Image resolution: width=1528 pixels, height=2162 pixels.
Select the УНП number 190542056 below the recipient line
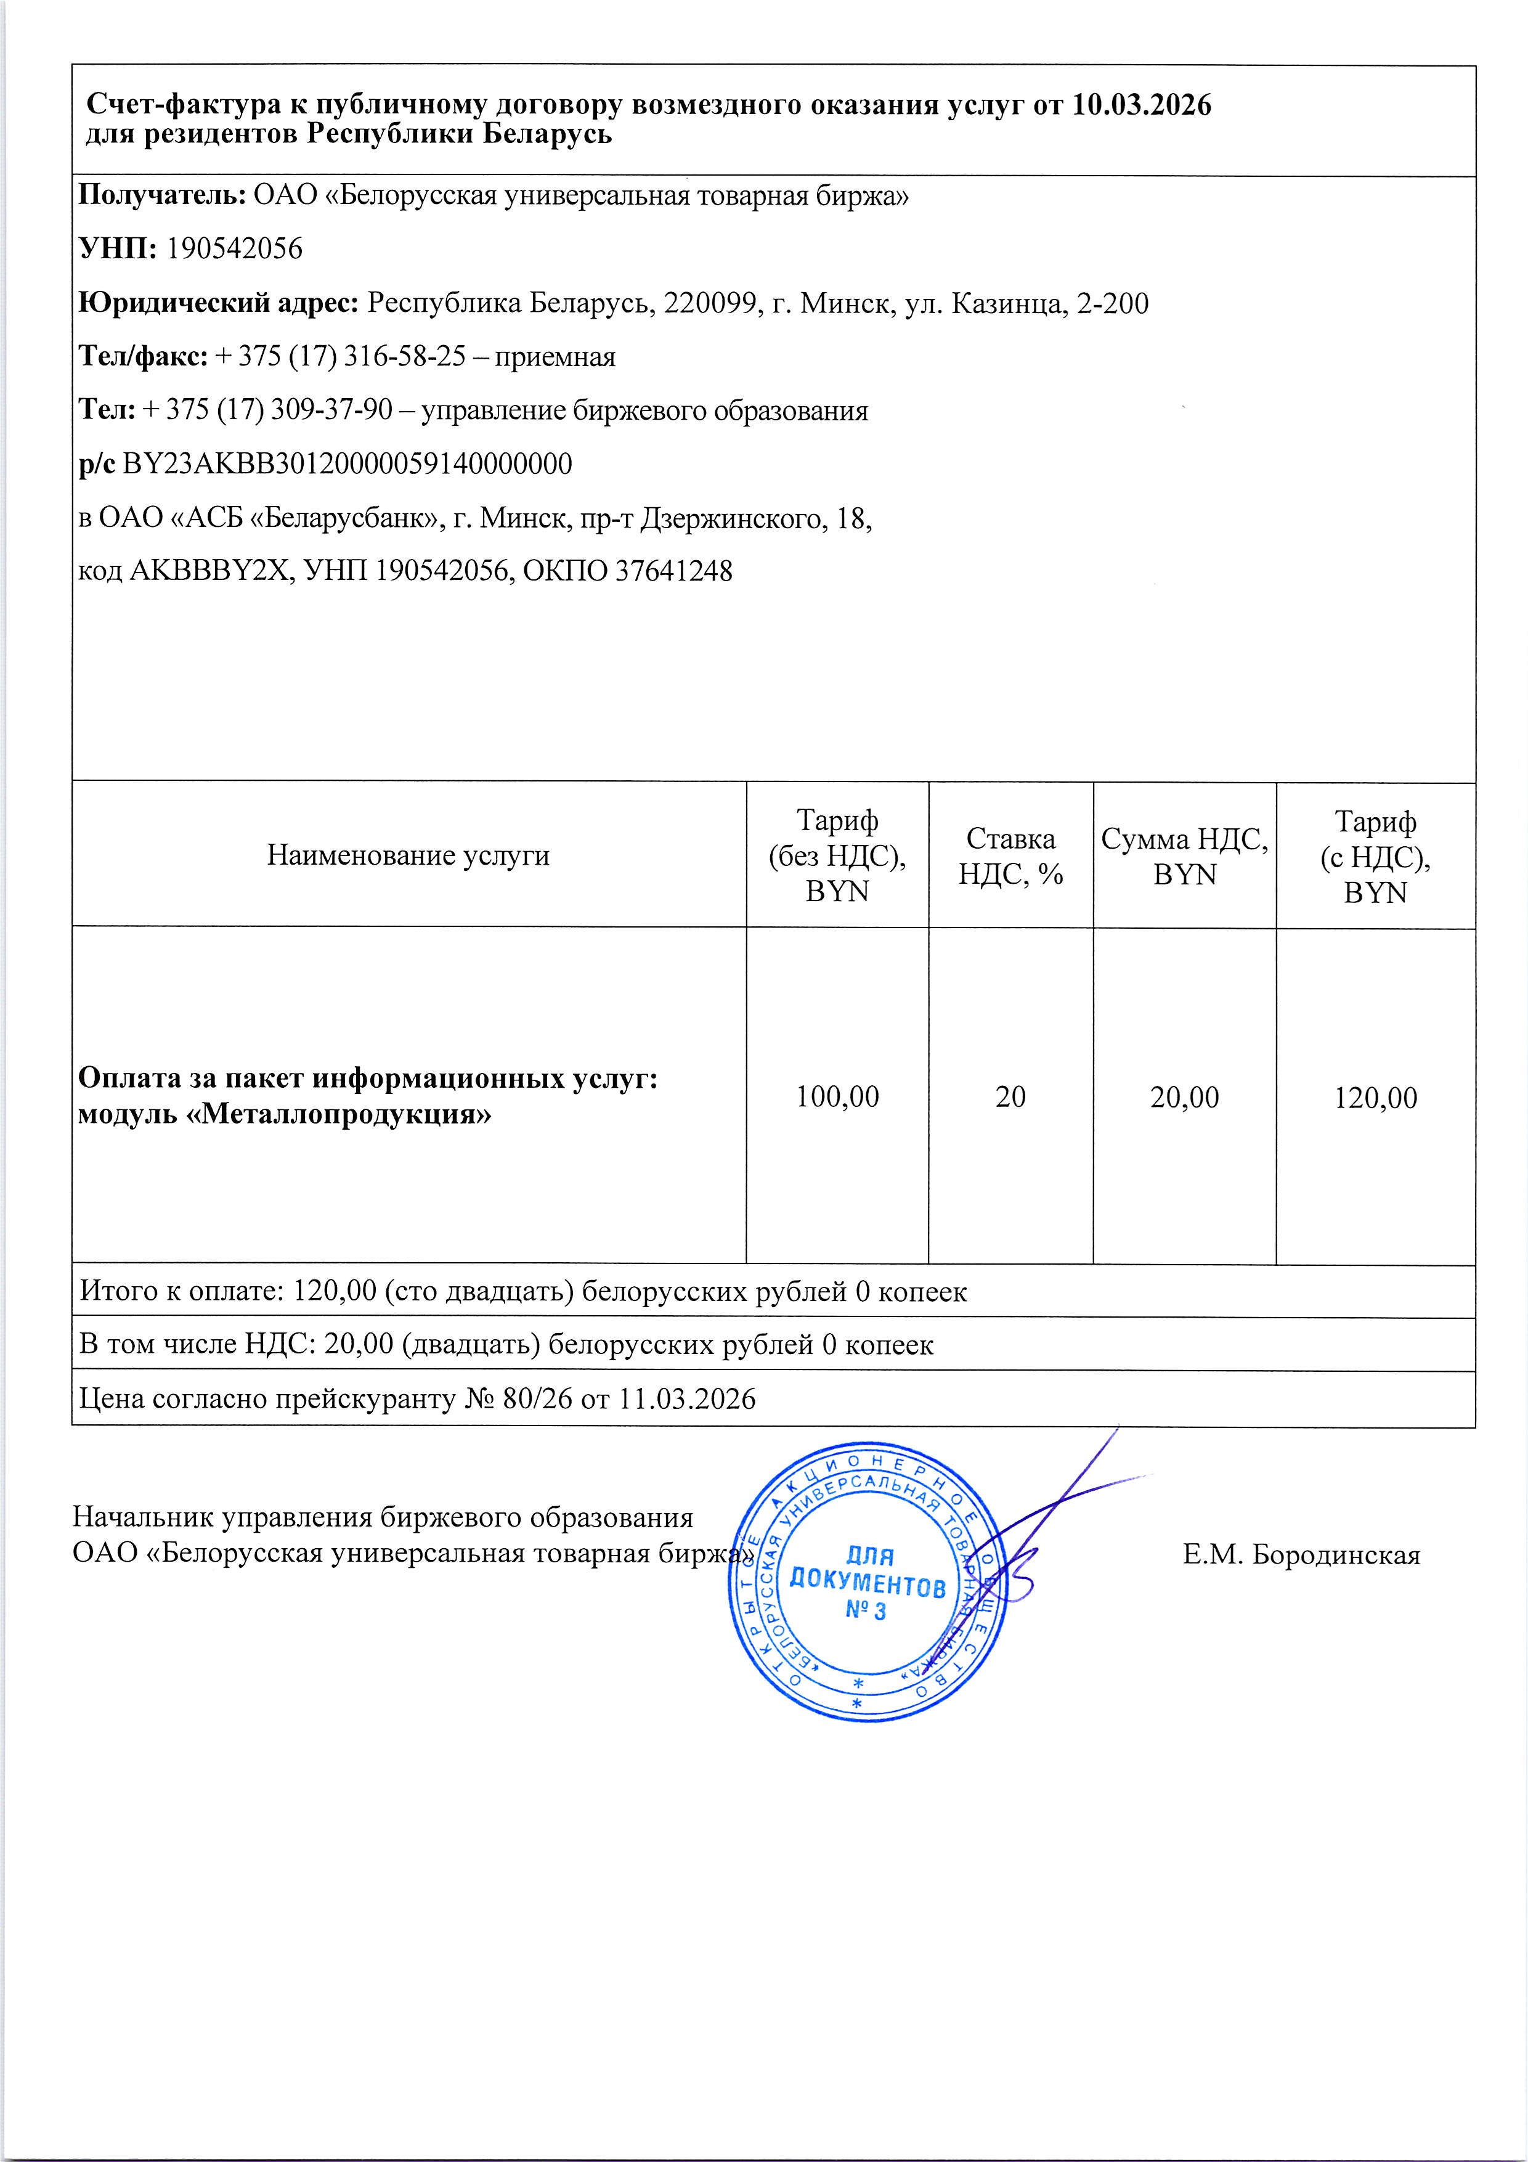tap(234, 250)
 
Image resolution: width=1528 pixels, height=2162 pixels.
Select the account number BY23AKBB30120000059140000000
tap(347, 464)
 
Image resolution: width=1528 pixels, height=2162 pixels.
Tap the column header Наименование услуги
tap(408, 855)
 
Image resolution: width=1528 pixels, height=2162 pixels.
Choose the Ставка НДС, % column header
tap(1010, 856)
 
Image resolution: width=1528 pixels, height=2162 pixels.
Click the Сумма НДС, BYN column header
tap(1184, 856)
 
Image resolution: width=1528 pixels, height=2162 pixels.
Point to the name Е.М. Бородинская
tap(1301, 1555)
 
